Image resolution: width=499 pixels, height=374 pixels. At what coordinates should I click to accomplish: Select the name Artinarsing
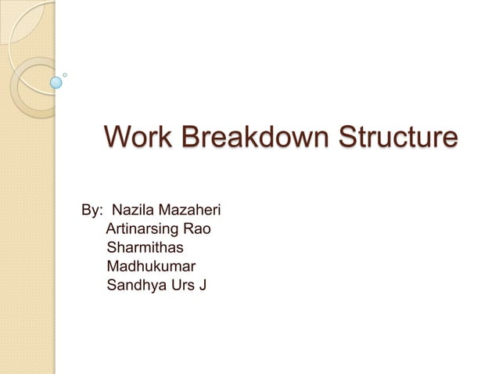click(x=142, y=230)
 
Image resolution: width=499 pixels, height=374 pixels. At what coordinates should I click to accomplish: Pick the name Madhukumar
click(x=151, y=268)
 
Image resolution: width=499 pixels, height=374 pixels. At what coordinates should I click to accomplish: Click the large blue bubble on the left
click(x=56, y=81)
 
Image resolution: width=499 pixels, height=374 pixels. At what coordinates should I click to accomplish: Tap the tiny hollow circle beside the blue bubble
click(x=65, y=75)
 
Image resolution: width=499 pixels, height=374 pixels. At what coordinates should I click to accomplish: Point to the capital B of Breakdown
click(x=182, y=138)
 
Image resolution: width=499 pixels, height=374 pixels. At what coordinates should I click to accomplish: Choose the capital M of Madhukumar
click(x=113, y=268)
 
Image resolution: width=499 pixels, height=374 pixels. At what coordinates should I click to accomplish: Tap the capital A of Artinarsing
click(x=110, y=230)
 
